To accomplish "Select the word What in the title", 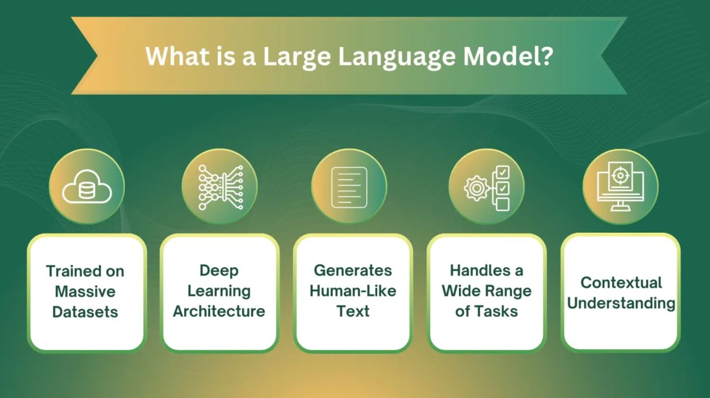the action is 178,56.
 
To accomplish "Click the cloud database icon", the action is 87,187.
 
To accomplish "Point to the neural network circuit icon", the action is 220,187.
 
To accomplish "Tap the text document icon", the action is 349,187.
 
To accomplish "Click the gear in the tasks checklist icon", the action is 476,188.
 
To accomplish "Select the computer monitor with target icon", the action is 620,186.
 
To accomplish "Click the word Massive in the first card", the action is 85,292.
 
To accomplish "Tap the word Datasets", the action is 85,312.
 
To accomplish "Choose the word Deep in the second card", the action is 219,271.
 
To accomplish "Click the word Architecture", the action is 219,311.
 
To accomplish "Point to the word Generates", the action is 353,270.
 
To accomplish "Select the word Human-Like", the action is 353,291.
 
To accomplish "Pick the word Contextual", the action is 621,282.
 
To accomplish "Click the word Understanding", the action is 621,303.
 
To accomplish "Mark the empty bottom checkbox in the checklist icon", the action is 502,204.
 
